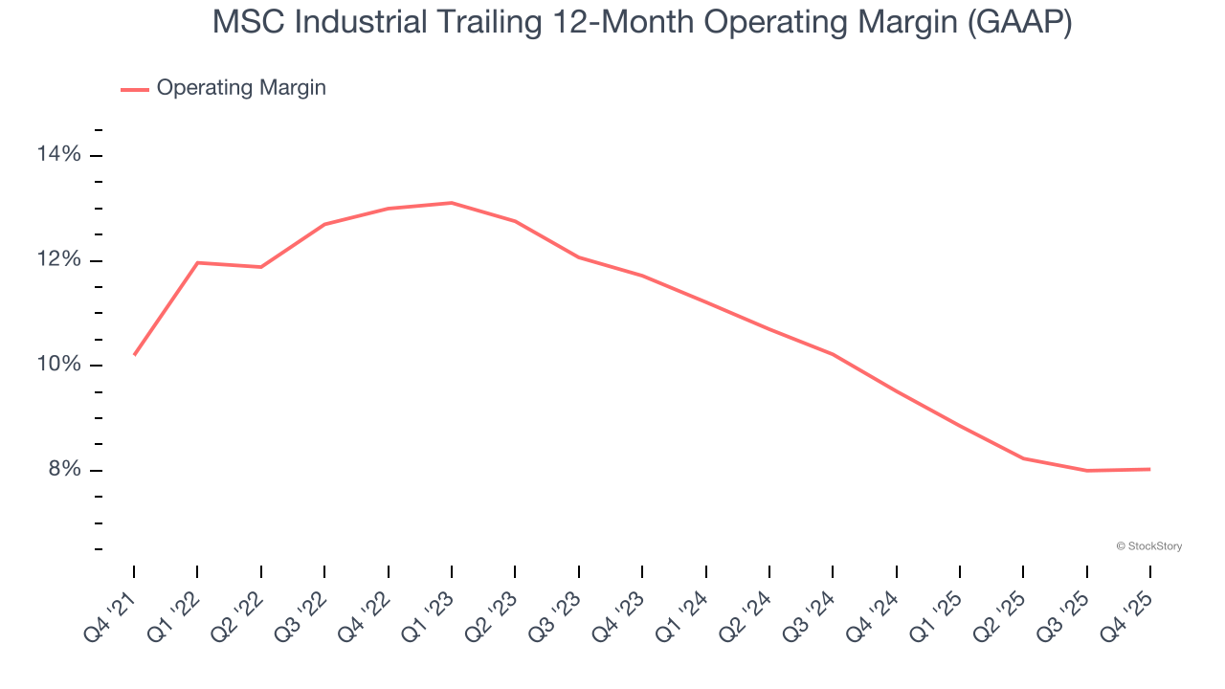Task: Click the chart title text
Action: click(641, 23)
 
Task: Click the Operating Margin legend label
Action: click(241, 88)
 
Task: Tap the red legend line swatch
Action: click(135, 89)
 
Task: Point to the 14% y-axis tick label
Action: click(59, 155)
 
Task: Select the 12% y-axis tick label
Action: click(59, 260)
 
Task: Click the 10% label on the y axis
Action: click(59, 365)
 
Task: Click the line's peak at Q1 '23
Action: click(452, 203)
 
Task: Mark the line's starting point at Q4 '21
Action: click(134, 355)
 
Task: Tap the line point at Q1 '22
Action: click(197, 262)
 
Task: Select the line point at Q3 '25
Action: click(1087, 471)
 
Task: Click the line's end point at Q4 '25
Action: click(1149, 469)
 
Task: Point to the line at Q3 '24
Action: click(833, 354)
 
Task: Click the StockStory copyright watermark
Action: click(1148, 546)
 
